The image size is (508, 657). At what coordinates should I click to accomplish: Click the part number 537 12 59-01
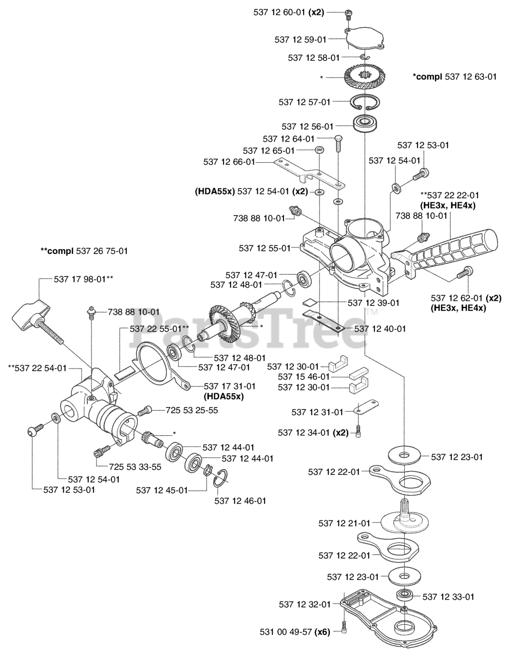[x=300, y=38]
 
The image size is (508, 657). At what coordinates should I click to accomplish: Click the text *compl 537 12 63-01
[x=455, y=76]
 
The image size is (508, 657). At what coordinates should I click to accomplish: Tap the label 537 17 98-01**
[x=83, y=279]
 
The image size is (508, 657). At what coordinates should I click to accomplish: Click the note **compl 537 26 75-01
[x=84, y=251]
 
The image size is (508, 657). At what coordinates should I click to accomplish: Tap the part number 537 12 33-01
[x=448, y=596]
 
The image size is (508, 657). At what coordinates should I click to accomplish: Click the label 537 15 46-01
[x=303, y=377]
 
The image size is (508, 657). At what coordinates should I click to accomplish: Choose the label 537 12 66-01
[x=229, y=162]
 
